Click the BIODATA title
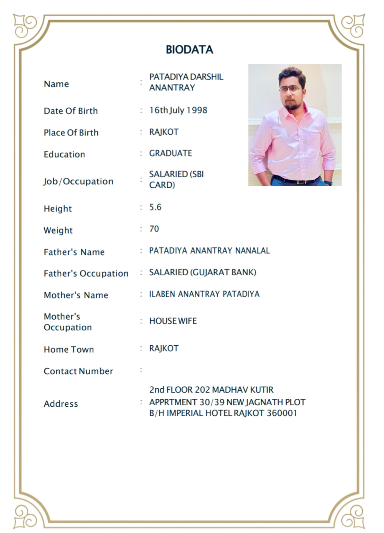[189, 50]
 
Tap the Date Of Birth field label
[71, 111]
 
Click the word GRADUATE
[171, 153]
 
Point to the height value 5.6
[155, 207]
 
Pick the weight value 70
[154, 229]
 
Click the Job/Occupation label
[78, 181]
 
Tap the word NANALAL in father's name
[252, 251]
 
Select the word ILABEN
[162, 294]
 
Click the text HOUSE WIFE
[173, 321]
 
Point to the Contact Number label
[78, 371]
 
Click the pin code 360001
[282, 413]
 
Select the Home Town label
[69, 349]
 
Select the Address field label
[61, 404]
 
